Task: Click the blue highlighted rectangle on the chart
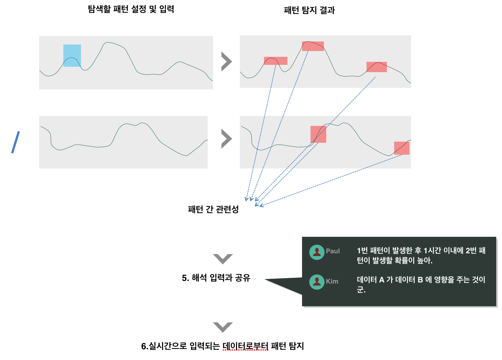click(x=72, y=56)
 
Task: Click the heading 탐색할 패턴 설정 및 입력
click(x=131, y=9)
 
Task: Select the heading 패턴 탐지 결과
click(x=309, y=10)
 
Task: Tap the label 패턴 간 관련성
click(x=213, y=210)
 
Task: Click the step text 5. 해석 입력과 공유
click(x=216, y=278)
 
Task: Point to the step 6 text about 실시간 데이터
click(x=223, y=346)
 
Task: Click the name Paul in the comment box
click(x=333, y=251)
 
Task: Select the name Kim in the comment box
click(x=332, y=281)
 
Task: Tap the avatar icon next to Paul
click(x=317, y=252)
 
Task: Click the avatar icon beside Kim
click(x=317, y=282)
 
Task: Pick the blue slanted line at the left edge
click(x=15, y=142)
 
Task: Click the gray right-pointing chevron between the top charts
click(x=226, y=62)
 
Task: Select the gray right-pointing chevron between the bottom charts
click(x=226, y=139)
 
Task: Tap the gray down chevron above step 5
click(x=223, y=259)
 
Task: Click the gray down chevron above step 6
click(x=223, y=327)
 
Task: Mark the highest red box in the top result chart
click(x=313, y=46)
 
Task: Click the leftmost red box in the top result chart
click(x=276, y=61)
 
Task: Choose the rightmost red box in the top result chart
click(x=376, y=67)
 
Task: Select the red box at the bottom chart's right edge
click(x=401, y=148)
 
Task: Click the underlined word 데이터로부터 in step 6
click(x=245, y=346)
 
